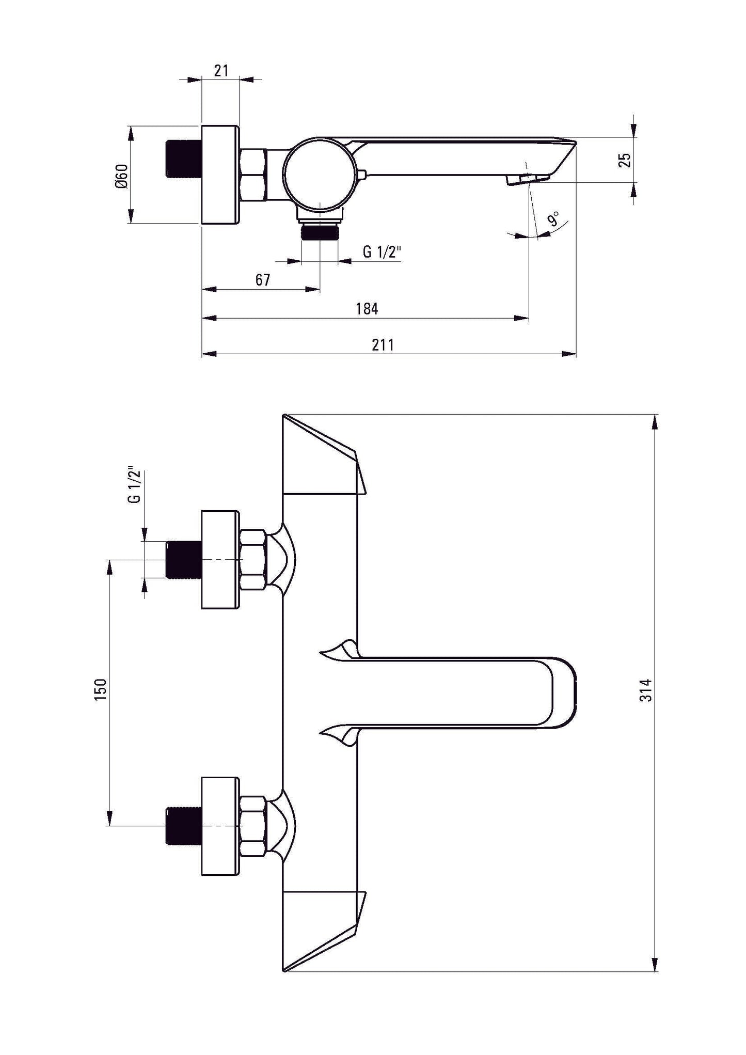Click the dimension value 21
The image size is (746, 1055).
click(221, 71)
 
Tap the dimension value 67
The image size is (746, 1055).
click(262, 280)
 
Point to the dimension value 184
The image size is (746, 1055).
click(367, 309)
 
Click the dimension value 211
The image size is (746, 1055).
click(383, 345)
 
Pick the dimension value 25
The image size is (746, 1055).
click(625, 160)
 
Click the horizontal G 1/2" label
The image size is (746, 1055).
click(382, 252)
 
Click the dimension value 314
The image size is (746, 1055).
click(646, 690)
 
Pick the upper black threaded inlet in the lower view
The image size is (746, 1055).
click(183, 559)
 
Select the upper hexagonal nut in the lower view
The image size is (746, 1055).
click(253, 559)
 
